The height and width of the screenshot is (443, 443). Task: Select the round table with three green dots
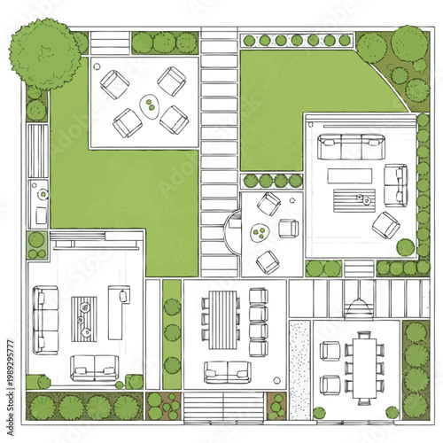(x=260, y=234)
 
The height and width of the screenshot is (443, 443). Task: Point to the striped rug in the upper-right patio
(x=352, y=197)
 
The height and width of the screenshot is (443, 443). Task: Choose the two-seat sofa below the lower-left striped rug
(x=95, y=365)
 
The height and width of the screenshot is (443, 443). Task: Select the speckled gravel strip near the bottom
(x=299, y=370)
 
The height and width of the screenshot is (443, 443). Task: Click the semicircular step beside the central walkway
(x=233, y=232)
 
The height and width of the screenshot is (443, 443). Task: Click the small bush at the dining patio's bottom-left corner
(x=319, y=413)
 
